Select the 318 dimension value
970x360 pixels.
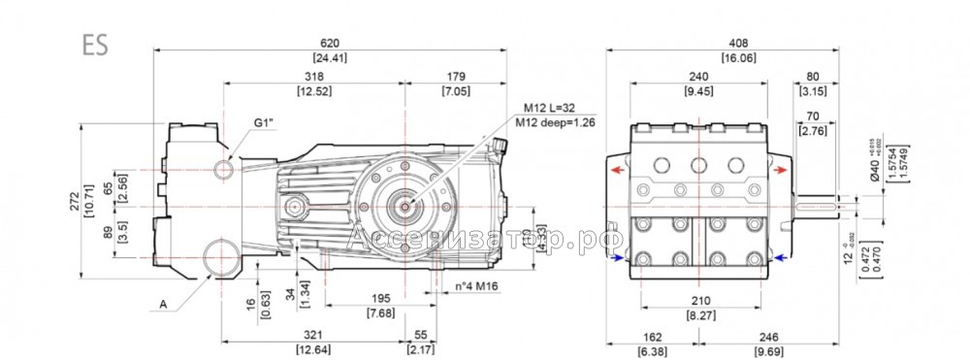[x=314, y=77]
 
